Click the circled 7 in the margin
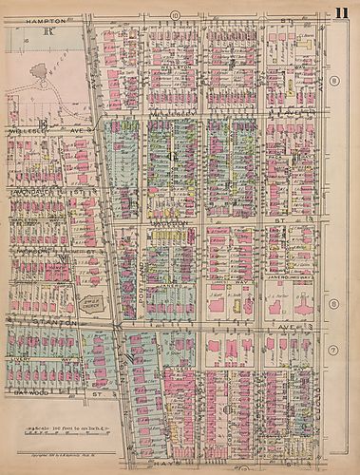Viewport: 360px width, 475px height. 334,351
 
